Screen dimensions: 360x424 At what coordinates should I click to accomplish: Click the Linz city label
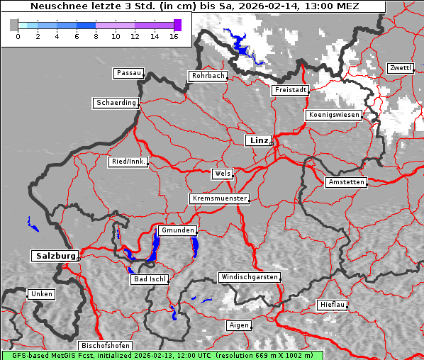click(x=258, y=140)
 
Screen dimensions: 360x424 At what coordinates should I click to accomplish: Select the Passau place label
click(x=128, y=73)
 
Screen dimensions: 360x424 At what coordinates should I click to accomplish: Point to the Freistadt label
click(x=291, y=90)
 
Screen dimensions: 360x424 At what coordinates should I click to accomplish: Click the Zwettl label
click(x=400, y=68)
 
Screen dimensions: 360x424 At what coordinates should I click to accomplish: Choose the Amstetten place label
click(x=346, y=182)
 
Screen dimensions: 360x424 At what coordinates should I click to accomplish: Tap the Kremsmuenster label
click(x=220, y=198)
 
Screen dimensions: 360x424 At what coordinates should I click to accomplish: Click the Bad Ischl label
click(x=150, y=279)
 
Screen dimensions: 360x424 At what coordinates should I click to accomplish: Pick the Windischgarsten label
click(x=249, y=277)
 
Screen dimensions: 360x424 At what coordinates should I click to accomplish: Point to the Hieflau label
click(x=333, y=305)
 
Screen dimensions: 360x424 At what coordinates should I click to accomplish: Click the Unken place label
click(x=41, y=293)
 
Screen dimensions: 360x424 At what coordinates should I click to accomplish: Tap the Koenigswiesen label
click(x=334, y=115)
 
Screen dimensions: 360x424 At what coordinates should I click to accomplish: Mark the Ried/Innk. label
click(x=128, y=162)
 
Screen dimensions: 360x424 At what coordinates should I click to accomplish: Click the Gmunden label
click(x=177, y=231)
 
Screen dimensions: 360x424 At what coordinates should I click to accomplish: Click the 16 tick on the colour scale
click(x=173, y=36)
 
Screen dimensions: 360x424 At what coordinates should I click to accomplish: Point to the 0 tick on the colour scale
click(x=18, y=36)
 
